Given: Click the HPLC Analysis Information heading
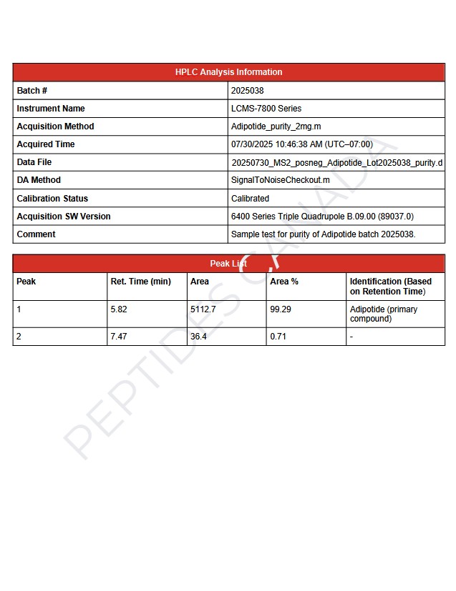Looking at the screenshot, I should click(x=228, y=72).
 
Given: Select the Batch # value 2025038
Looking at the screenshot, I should click(x=247, y=91).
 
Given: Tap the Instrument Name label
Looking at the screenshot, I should click(x=51, y=109).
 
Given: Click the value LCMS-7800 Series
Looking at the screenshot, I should click(x=266, y=109).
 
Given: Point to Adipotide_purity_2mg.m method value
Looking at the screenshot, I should click(x=276, y=126).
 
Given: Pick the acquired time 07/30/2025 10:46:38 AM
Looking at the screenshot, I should click(x=301, y=144).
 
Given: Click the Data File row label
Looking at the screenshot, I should click(x=34, y=162).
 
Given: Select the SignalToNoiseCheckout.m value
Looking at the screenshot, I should click(x=280, y=180).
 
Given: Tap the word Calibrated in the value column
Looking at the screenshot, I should click(x=250, y=199).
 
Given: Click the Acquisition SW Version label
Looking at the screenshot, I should click(x=64, y=217).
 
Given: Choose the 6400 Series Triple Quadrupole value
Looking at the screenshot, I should click(x=322, y=217).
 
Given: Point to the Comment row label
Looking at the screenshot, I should click(x=36, y=234).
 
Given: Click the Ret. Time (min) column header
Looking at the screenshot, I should click(x=141, y=282).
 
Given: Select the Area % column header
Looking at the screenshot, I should click(x=284, y=282).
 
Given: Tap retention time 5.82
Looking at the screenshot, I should click(x=119, y=309).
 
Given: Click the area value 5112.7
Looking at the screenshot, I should click(x=203, y=309).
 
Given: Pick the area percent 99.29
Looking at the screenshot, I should click(x=281, y=309).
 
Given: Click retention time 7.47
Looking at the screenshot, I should click(x=119, y=336).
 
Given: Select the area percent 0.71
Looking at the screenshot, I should click(x=278, y=336).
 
